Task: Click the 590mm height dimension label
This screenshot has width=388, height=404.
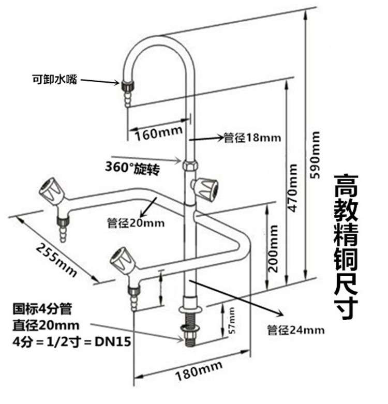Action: (315, 155)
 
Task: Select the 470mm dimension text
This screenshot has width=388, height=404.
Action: (292, 188)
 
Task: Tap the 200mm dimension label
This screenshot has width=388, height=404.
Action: (273, 248)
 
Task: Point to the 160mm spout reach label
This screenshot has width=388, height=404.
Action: (159, 133)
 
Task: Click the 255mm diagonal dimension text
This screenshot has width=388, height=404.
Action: (56, 260)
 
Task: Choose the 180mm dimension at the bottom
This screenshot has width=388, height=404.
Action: (199, 370)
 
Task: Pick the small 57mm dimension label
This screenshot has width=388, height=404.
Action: (232, 320)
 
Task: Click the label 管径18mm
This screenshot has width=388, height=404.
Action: (252, 138)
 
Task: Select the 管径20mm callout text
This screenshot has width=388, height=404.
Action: (136, 223)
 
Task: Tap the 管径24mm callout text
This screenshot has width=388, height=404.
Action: (295, 330)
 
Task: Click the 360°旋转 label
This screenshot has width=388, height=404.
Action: (132, 168)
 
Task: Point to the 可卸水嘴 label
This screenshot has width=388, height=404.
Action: (54, 79)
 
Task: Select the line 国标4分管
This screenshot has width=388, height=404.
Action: (42, 309)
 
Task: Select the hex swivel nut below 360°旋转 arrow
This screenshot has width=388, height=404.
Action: (190, 165)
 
